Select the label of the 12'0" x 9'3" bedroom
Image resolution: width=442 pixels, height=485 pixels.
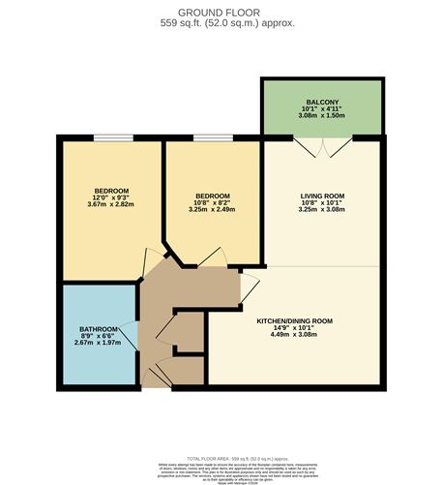tap(111, 190)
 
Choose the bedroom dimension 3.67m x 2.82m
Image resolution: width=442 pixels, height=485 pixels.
tap(111, 203)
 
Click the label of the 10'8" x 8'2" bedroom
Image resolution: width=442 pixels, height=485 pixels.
tap(212, 195)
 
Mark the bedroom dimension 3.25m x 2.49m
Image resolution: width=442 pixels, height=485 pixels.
tap(212, 208)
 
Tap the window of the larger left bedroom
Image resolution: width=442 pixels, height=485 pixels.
tap(113, 139)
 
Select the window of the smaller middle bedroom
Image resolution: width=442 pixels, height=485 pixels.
tap(212, 139)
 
